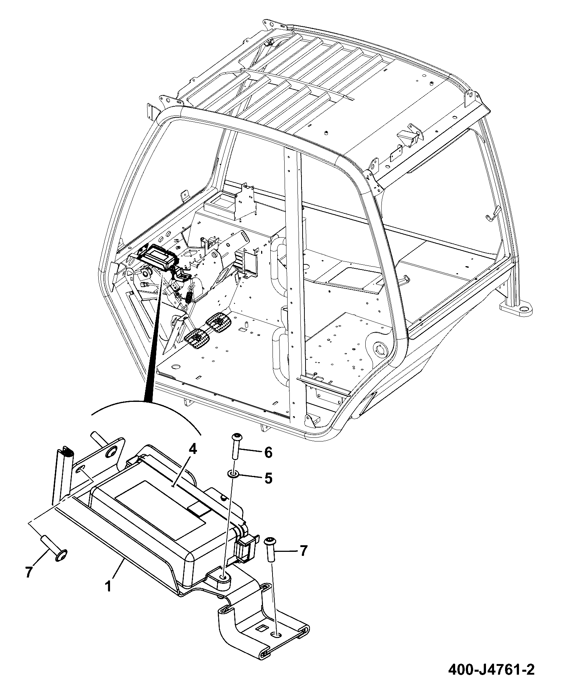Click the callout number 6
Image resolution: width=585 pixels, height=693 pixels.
coord(268,453)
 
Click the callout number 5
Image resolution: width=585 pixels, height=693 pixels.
coord(268,478)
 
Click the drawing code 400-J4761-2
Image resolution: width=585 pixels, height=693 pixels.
coord(491,670)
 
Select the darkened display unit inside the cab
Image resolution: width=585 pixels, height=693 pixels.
coord(157,257)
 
